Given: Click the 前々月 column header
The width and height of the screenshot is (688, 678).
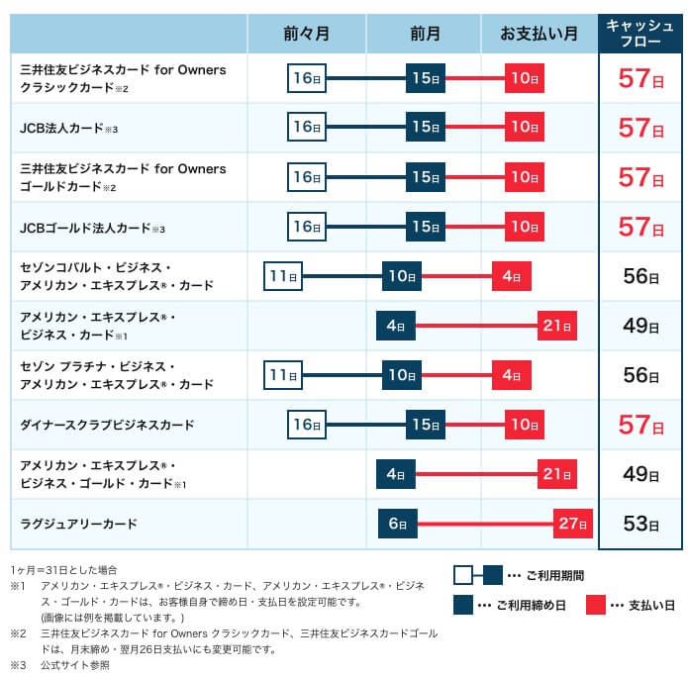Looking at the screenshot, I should (x=307, y=34).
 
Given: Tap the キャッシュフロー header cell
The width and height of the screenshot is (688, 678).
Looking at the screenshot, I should (x=639, y=34).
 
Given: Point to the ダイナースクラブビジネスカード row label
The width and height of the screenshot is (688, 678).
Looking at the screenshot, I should (x=107, y=425).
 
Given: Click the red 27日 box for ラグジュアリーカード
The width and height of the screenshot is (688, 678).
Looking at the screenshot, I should (x=573, y=524).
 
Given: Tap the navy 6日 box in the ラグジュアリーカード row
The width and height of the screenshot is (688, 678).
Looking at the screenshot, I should (x=397, y=524).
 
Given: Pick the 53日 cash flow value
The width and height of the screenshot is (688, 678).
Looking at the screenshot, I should (x=640, y=524).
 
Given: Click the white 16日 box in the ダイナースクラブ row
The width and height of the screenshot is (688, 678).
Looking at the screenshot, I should (x=307, y=425).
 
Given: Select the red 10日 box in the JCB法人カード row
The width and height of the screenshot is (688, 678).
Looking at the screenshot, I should (x=525, y=128).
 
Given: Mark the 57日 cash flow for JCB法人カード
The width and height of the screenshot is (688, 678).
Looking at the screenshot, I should (x=640, y=128).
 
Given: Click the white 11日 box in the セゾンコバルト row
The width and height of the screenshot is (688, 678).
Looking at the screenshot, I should (x=283, y=276).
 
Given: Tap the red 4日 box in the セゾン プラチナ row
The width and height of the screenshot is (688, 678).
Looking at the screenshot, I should (x=512, y=375).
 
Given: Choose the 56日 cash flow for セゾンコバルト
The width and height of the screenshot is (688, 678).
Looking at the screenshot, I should (x=640, y=276).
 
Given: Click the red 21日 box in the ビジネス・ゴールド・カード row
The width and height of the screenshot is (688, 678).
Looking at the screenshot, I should (x=557, y=474).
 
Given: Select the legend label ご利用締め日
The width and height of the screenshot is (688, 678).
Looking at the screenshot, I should (x=534, y=604).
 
